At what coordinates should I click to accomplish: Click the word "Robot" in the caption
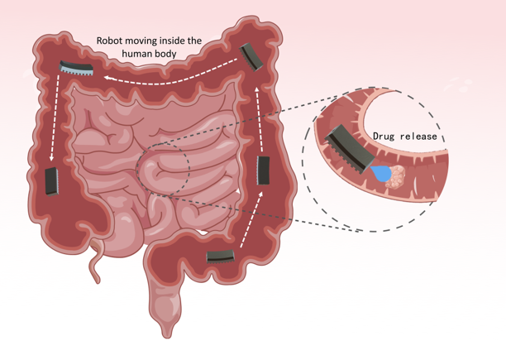tap(112, 39)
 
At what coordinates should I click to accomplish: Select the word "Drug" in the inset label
tap(387, 137)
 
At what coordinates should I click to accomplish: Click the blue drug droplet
tap(381, 173)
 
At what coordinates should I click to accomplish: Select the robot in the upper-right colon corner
tap(251, 56)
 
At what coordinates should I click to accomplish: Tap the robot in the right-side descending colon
tap(264, 169)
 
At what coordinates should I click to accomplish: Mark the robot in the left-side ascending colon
tap(52, 181)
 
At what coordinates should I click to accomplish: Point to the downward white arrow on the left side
tap(53, 124)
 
